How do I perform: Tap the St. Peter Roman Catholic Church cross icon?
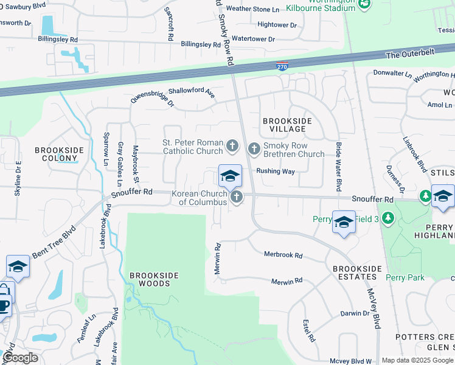point(232,146)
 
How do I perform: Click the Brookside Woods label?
point(155,279)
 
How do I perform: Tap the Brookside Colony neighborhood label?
point(57,153)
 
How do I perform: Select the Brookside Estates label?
point(357,273)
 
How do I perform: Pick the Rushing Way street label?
point(275,172)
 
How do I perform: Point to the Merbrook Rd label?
point(283,255)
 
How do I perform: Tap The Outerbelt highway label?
point(411,55)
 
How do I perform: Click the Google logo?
point(20,358)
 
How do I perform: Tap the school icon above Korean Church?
point(230,176)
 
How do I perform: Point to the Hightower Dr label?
point(277,25)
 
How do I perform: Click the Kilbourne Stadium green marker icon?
point(364,4)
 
